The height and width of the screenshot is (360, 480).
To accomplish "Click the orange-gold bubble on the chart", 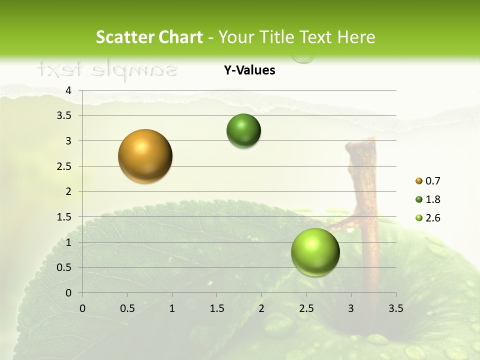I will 145,156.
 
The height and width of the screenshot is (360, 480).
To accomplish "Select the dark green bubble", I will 243,130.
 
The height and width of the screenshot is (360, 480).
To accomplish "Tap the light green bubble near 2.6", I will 315,252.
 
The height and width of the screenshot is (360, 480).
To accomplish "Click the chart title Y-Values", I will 249,70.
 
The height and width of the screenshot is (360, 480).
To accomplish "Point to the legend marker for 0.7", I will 418,181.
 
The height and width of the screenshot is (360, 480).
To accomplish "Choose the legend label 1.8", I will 433,199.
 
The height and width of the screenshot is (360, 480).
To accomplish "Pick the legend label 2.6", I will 433,218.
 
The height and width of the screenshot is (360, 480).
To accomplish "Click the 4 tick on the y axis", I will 68,90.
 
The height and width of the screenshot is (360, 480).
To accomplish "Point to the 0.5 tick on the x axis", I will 127,308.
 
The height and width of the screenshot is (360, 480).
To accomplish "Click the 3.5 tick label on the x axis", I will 395,308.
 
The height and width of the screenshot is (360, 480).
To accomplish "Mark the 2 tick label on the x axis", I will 261,308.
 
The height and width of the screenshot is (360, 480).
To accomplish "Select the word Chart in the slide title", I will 181,37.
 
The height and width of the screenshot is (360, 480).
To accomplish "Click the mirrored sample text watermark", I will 107,69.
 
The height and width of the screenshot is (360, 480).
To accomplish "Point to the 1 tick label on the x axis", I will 172,308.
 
